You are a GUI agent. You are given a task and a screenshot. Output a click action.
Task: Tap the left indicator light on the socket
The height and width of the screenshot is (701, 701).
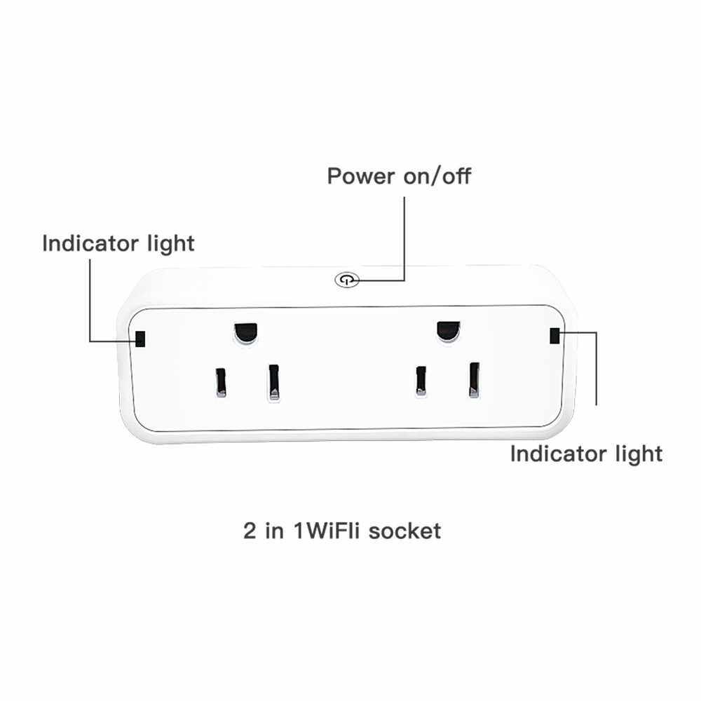(x=140, y=339)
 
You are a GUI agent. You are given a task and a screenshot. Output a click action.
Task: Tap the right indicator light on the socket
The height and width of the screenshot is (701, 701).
(x=555, y=336)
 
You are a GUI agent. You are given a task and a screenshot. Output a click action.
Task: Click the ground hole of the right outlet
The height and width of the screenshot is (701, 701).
(x=447, y=330)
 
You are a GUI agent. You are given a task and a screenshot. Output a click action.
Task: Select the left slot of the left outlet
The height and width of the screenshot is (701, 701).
(x=221, y=382)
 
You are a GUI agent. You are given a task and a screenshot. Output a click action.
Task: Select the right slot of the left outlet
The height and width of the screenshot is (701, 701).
(x=273, y=383)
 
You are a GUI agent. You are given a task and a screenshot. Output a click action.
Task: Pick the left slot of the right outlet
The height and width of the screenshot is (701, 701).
(x=421, y=381)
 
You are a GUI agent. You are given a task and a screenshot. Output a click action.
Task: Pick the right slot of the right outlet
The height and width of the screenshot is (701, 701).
(x=475, y=379)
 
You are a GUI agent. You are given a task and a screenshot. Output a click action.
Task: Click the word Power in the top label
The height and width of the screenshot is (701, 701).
(x=361, y=175)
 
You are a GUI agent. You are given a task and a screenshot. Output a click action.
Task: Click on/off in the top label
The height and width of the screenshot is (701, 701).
(x=436, y=175)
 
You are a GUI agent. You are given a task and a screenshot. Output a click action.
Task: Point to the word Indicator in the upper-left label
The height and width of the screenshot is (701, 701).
(x=90, y=243)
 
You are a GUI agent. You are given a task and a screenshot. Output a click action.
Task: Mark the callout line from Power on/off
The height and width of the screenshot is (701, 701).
(x=404, y=238)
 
